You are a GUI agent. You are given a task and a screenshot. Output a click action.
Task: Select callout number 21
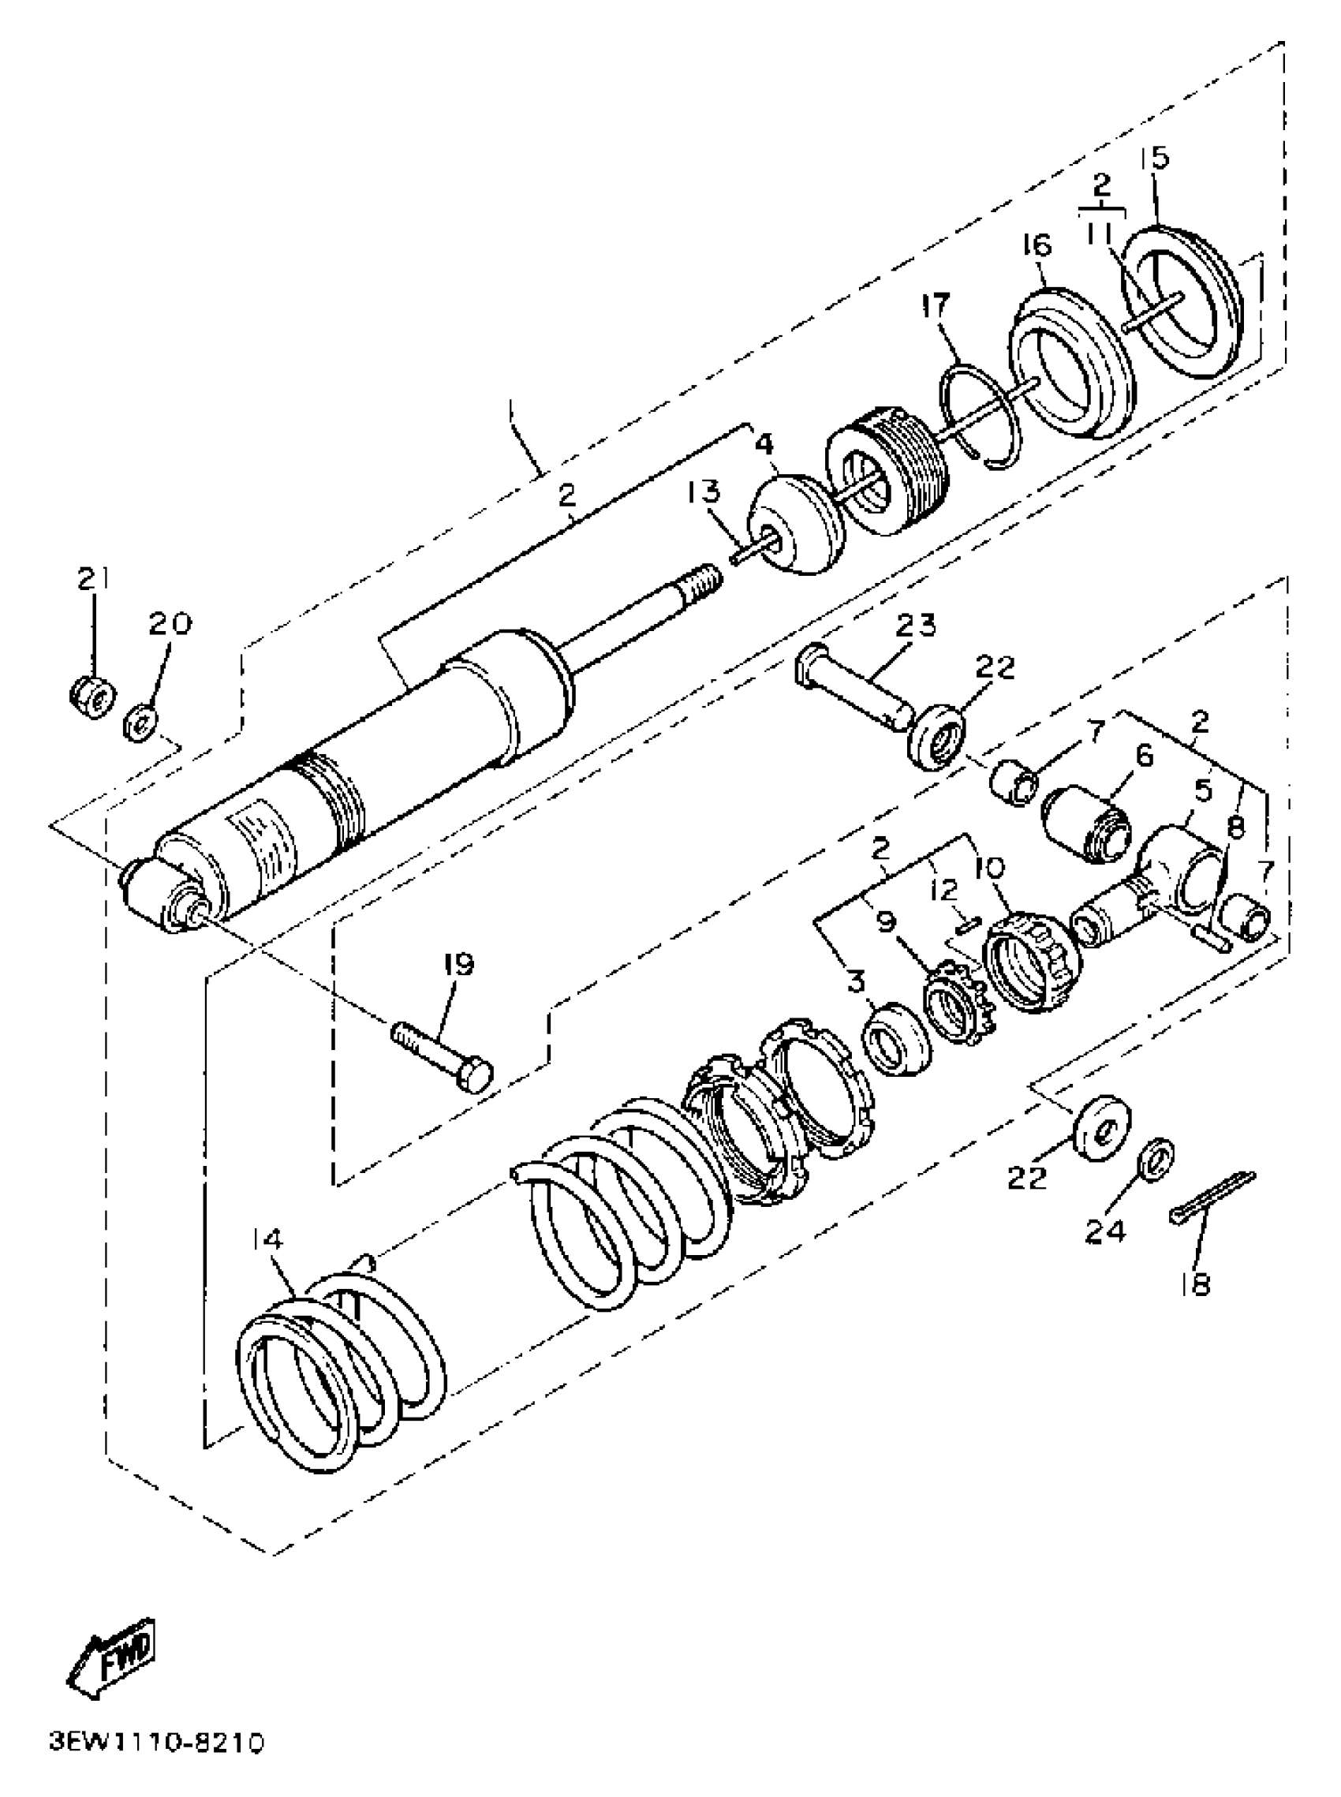[x=94, y=580]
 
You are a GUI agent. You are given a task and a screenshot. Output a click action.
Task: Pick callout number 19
[x=458, y=964]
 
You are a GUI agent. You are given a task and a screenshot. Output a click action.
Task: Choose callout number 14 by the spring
[x=268, y=1239]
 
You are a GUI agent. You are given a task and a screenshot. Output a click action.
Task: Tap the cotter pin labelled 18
[x=1212, y=1198]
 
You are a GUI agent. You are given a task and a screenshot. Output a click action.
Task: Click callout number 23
[x=917, y=625]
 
